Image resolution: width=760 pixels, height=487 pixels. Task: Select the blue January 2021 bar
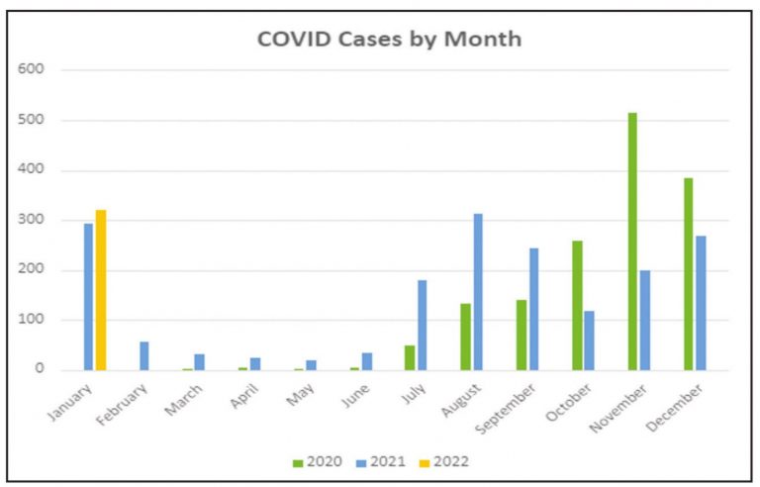point(88,297)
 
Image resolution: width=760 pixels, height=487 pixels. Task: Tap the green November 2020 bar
point(632,242)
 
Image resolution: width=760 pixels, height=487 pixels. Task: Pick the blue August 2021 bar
point(478,292)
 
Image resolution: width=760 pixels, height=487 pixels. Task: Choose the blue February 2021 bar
point(144,355)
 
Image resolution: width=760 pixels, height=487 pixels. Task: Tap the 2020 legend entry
point(320,460)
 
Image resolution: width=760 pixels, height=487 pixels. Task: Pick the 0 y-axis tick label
point(40,369)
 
